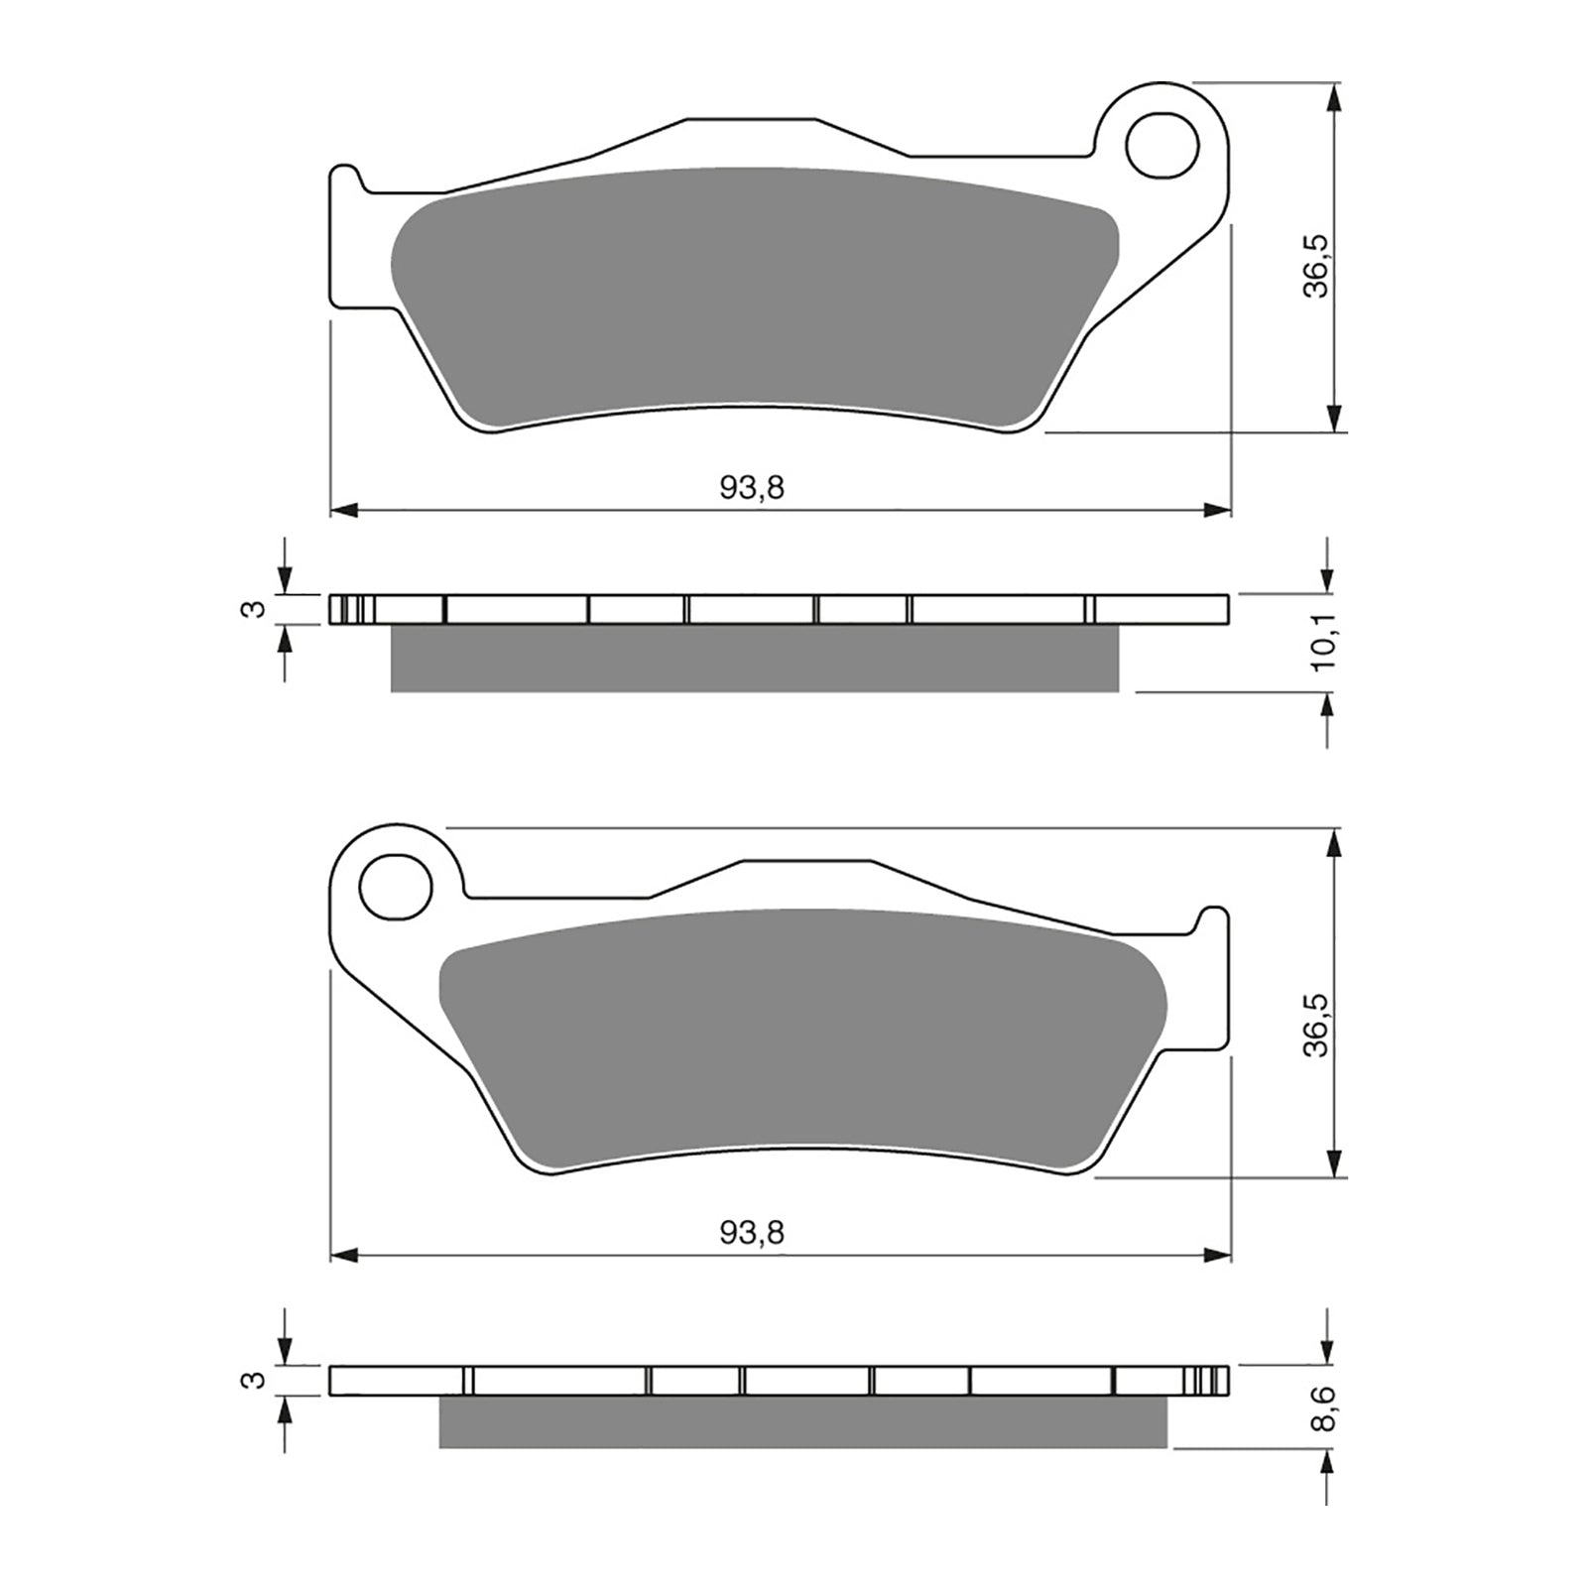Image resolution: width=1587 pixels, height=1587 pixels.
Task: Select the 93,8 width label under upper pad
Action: click(x=752, y=488)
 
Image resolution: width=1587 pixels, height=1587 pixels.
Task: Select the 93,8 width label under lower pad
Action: click(x=752, y=1233)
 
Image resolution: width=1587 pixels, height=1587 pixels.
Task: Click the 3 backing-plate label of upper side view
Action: click(x=256, y=609)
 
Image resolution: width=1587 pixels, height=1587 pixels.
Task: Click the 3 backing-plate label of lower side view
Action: click(x=256, y=1380)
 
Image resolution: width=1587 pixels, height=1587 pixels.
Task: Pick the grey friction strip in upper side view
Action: click(x=754, y=659)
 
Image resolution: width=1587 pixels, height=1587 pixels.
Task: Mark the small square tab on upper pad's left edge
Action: click(x=345, y=181)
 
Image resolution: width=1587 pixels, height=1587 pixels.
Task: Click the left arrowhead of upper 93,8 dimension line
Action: click(x=343, y=510)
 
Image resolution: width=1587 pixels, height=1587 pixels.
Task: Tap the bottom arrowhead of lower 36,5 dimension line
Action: click(x=1335, y=1165)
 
